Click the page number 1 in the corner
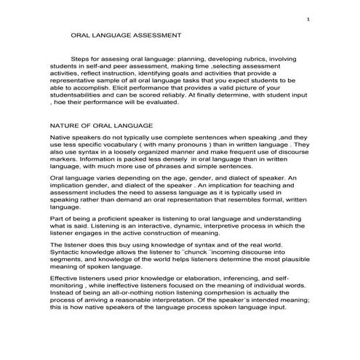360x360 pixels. [x=310, y=19]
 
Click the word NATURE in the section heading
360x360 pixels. [x=65, y=126]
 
